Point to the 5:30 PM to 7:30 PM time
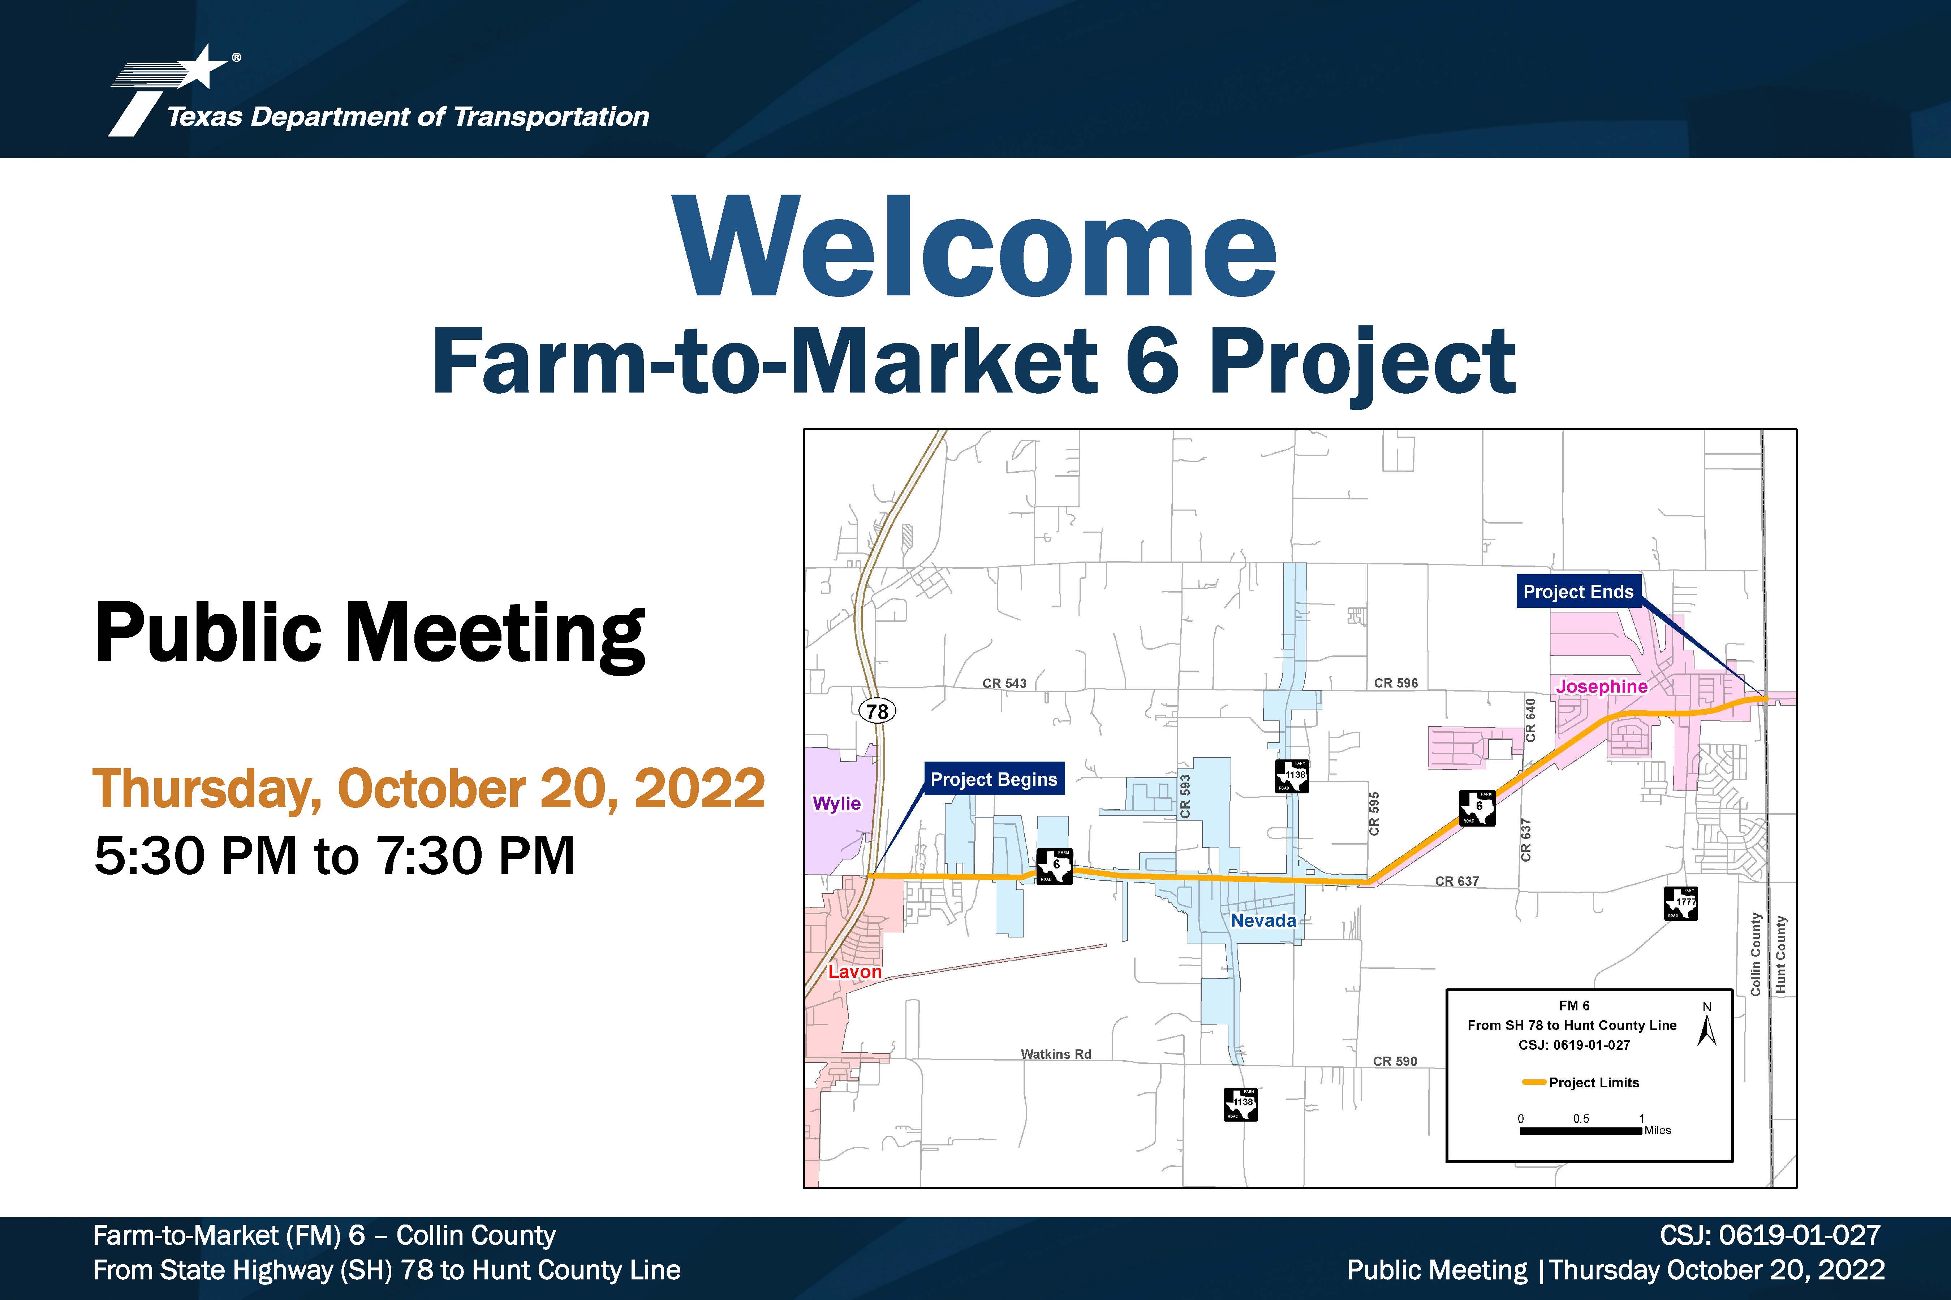[x=334, y=855]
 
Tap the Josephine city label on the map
[x=1601, y=686]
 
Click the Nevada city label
[x=1262, y=920]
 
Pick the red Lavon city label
[x=854, y=972]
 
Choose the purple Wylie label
[x=836, y=803]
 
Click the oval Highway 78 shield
[x=877, y=711]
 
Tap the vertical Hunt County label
[x=1780, y=954]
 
